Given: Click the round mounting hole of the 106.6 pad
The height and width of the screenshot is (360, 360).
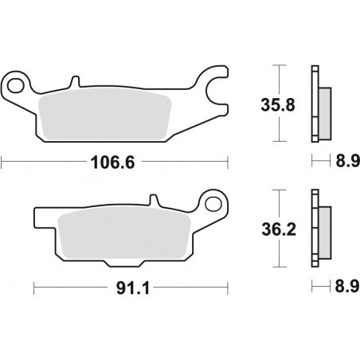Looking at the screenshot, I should (x=16, y=83).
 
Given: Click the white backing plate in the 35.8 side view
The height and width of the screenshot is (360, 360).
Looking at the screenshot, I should (x=314, y=104).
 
